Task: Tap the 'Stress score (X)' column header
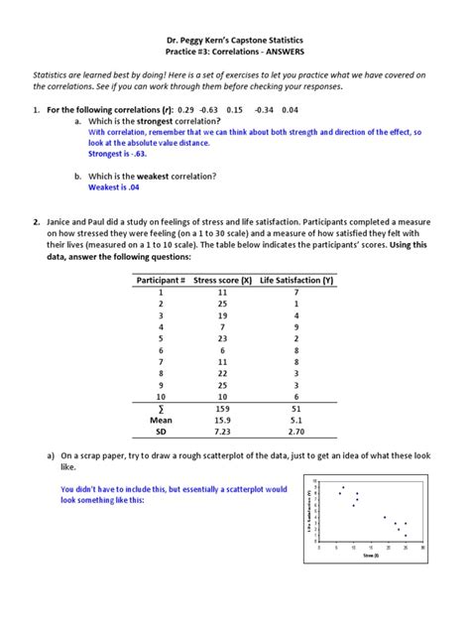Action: (x=222, y=280)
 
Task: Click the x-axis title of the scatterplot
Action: (x=369, y=557)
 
